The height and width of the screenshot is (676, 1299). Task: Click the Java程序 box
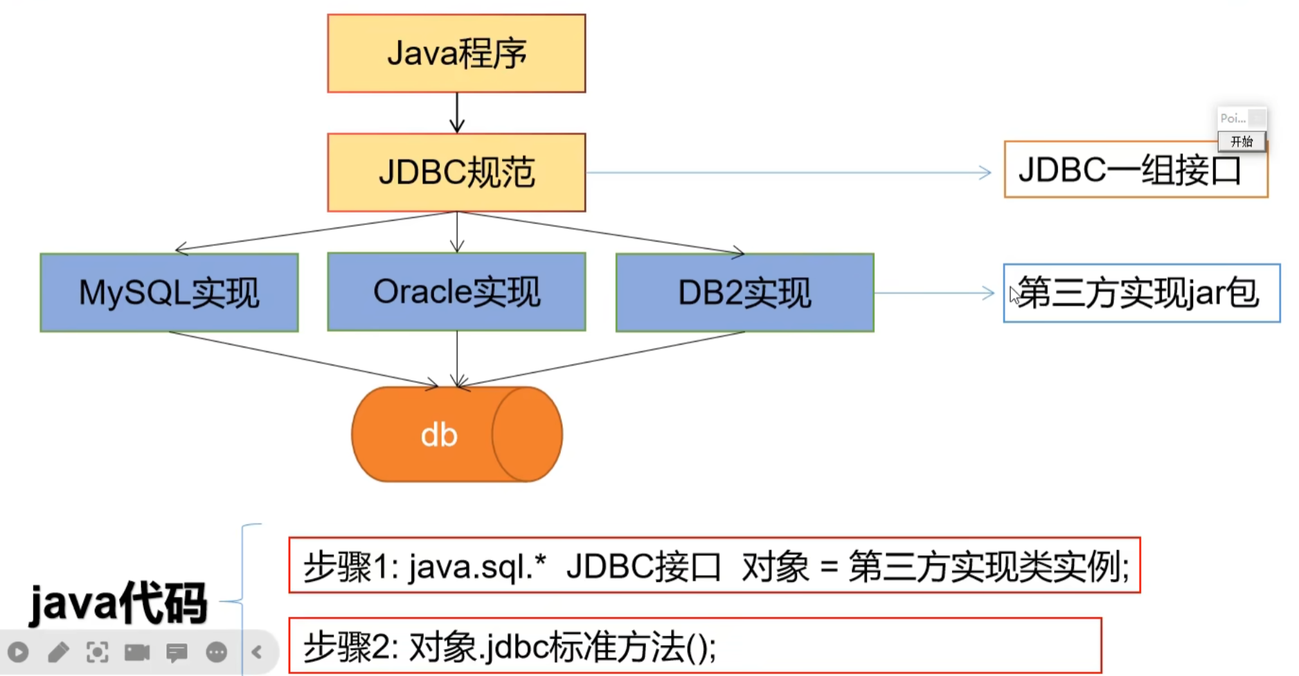456,53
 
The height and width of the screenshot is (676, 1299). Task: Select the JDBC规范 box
456,172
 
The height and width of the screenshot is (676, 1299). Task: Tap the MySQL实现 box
169,292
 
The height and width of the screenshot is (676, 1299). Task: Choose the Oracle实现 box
456,292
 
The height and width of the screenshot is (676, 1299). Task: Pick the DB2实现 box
744,292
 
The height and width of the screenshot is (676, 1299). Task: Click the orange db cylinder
456,434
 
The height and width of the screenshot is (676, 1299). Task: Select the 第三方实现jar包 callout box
1141,293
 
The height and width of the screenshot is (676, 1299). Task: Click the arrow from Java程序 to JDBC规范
457,112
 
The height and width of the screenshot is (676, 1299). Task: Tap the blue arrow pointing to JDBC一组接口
789,172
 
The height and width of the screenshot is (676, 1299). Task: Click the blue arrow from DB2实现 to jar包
935,293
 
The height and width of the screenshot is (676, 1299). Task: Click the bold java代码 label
118,603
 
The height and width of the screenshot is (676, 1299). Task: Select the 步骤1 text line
714,565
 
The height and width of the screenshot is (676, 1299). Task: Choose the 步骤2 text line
695,646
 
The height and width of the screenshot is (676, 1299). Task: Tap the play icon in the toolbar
19,652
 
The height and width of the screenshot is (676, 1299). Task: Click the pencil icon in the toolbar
58,652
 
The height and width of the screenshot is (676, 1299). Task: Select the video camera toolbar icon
137,652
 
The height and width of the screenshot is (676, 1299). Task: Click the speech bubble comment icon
177,652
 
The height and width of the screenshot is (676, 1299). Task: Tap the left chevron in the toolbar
257,652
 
